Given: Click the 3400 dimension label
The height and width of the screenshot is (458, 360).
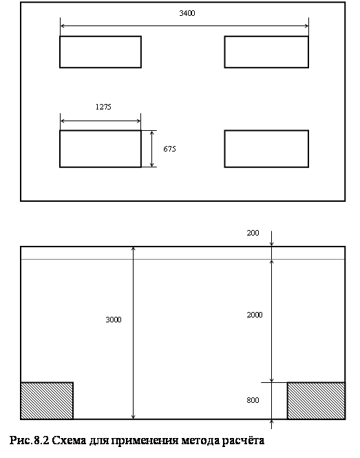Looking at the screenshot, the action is click(187, 13).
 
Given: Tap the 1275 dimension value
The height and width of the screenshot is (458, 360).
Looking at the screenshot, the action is click(103, 107).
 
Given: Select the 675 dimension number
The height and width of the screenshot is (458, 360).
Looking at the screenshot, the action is click(169, 149).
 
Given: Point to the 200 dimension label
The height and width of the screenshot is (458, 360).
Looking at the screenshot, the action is click(253, 233).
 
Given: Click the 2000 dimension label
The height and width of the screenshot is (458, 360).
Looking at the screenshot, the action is click(255, 315).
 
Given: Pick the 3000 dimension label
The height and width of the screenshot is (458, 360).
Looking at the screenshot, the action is click(114, 320).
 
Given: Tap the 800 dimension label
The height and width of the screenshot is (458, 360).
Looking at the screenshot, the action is click(253, 400).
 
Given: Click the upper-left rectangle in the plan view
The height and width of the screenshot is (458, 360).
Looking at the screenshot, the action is click(100, 52).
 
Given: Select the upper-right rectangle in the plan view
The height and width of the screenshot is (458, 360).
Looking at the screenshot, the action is click(266, 52).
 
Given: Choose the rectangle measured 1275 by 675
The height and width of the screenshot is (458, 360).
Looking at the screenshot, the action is click(100, 149).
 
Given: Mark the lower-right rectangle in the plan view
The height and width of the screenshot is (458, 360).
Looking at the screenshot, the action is click(266, 149).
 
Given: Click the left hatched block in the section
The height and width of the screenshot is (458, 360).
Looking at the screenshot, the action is click(47, 400).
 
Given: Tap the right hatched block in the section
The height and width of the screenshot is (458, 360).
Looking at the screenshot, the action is click(316, 400).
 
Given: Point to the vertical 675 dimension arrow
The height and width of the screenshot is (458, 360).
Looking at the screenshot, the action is click(152, 149).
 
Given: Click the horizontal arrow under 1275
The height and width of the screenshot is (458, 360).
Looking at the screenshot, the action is click(100, 121).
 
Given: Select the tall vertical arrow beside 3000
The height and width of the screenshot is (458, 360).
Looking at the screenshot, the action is click(133, 333).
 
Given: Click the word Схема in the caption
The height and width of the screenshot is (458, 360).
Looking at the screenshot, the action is click(69, 441).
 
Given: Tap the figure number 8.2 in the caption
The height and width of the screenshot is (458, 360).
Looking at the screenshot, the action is click(41, 441).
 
